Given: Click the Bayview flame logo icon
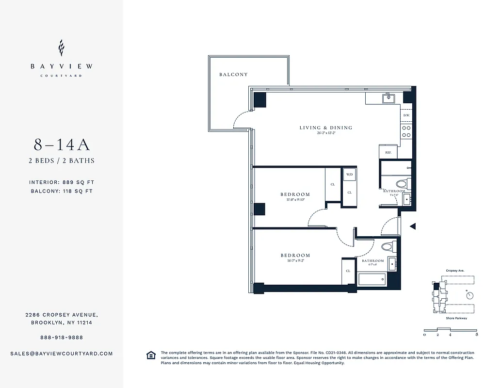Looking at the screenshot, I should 61,48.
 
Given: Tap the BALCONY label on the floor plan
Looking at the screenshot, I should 233,75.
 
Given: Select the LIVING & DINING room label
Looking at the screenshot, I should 325,128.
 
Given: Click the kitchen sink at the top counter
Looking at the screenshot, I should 388,98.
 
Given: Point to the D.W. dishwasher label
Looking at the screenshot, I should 406,115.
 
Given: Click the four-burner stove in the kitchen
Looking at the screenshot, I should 406,131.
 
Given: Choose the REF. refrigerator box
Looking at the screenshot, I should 388,152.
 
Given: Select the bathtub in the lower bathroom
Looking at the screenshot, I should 372,279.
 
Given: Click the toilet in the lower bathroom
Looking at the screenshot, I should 387,247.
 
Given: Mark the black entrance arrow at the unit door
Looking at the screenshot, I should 413,226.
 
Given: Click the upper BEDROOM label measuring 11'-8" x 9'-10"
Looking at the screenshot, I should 295,194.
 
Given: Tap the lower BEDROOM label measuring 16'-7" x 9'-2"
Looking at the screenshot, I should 295,256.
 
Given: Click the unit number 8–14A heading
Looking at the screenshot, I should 62,145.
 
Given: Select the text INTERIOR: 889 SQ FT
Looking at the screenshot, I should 62,182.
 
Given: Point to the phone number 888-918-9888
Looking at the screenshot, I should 62,337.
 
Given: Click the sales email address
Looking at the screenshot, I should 62,354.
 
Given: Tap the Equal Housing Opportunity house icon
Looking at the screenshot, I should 151,356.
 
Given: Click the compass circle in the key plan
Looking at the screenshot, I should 469,294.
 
